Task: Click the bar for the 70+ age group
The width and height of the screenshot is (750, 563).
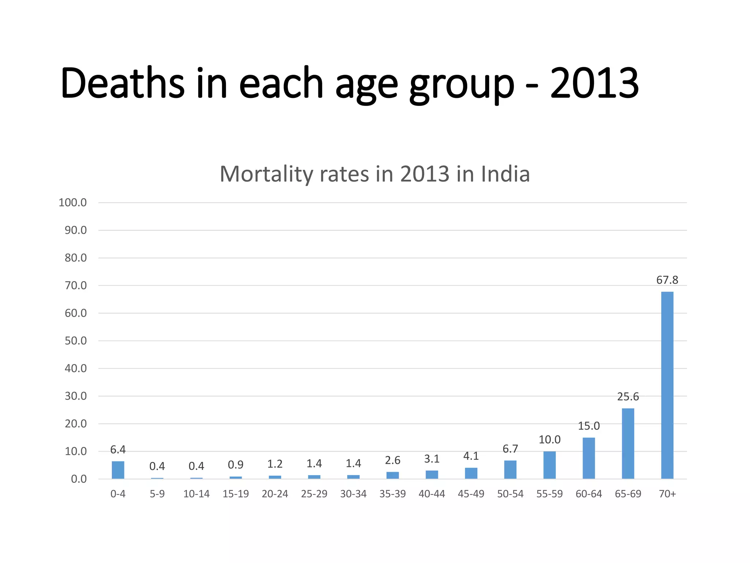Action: (x=667, y=385)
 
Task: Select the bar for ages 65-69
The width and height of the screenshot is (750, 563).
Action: (x=628, y=444)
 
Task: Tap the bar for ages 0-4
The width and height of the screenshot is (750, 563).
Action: (x=118, y=470)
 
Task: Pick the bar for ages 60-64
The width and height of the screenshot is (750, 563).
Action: (x=589, y=458)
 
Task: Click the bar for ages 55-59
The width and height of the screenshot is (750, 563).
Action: (x=549, y=465)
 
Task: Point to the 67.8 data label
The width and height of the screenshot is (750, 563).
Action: (x=667, y=280)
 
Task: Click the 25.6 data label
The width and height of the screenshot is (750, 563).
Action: (x=628, y=397)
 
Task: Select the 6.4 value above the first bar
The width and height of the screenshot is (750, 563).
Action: (x=118, y=449)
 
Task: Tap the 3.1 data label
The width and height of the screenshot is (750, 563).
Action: (x=431, y=459)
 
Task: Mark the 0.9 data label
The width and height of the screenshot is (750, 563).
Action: (x=235, y=465)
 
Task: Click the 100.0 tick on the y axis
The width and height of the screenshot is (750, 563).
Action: (x=73, y=203)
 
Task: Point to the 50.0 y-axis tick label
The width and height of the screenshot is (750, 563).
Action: (x=75, y=341)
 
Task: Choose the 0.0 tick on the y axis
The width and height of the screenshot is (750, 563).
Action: (x=79, y=479)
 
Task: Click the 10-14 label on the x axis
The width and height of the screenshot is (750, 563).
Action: (x=196, y=494)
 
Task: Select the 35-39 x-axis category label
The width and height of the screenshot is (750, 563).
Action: (x=392, y=494)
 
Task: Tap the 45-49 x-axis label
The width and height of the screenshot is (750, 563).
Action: (x=471, y=494)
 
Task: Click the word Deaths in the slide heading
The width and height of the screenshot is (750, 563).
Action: (x=122, y=84)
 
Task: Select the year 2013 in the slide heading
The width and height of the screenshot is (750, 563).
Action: (x=594, y=84)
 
